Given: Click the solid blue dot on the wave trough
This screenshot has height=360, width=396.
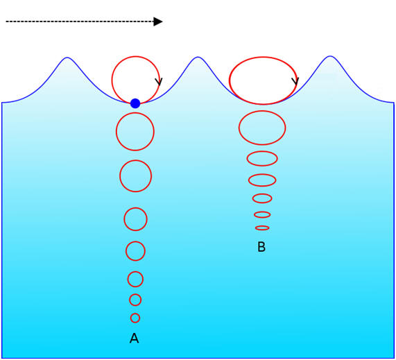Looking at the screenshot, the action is point(135,103).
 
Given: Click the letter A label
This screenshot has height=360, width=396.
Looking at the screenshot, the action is point(134,338).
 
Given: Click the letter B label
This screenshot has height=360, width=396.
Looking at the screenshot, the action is point(261,247).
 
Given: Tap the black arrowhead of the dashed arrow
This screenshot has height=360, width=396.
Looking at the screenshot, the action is point(158,22).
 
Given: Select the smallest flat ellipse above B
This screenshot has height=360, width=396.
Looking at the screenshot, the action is point(262,226).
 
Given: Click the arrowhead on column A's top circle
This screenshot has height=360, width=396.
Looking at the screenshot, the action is point(159,81).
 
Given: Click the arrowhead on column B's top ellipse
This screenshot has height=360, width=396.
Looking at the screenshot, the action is point(295,81).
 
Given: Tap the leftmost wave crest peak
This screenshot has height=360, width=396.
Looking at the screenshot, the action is point(67,58).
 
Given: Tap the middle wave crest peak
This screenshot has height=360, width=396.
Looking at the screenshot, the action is point(198,57).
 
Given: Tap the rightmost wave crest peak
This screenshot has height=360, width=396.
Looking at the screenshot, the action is point(330,56).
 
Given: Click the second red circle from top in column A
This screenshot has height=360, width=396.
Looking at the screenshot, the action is point(117,131).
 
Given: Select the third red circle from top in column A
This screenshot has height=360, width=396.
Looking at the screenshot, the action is point(120,175).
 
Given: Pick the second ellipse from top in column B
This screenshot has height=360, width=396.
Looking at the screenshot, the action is point(239,128).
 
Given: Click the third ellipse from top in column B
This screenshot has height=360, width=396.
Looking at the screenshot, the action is point(247,158).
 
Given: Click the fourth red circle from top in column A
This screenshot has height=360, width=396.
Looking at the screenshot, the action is point(124,219).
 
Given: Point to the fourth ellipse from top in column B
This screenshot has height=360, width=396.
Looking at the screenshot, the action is point(249,180).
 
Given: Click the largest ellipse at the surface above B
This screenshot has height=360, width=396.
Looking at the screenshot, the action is point(230,80).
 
